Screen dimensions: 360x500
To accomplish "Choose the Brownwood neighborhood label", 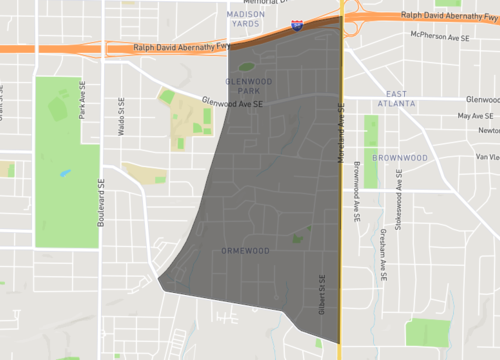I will [400, 158].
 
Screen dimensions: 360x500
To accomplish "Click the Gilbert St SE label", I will [322, 292].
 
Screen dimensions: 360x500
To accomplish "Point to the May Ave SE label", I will [476, 116].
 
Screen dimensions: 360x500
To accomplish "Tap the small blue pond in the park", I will [66, 172].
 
